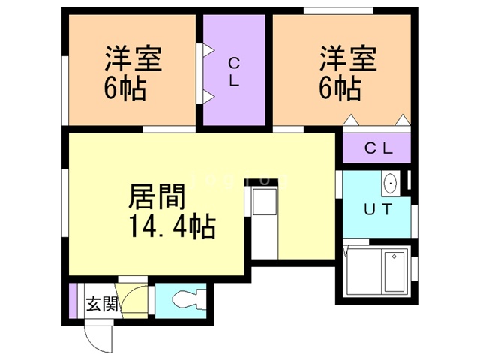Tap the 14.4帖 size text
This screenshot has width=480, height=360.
163,225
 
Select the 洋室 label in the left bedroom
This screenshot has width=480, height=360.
133,59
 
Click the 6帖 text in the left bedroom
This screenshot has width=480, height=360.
124,89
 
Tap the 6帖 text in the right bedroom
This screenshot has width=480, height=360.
339,89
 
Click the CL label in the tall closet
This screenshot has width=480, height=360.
234,72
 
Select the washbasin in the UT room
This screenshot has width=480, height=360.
390,183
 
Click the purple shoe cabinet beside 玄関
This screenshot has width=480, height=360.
73,301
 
